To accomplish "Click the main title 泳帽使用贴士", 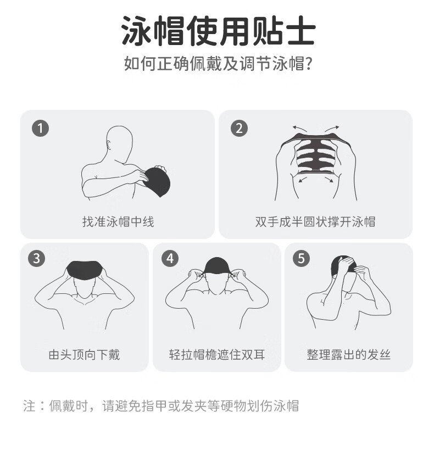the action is click(x=218, y=31).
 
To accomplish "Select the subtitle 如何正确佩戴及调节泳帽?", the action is click(x=218, y=63).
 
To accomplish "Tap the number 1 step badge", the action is click(x=40, y=128).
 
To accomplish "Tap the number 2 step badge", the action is click(x=239, y=128).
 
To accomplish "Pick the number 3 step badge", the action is click(x=36, y=258).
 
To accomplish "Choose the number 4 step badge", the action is click(x=170, y=258).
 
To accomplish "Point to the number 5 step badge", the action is click(x=301, y=258).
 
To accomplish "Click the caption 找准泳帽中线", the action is click(x=118, y=221).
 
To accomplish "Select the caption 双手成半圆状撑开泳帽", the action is click(x=315, y=221).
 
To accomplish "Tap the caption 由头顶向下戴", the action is click(x=84, y=355).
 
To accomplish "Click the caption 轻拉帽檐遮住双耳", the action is click(x=217, y=355).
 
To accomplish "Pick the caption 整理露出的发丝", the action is click(x=348, y=355).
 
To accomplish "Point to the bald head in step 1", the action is click(x=120, y=143).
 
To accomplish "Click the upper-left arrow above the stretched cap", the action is click(x=299, y=129).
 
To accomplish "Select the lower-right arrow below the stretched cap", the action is click(x=329, y=180).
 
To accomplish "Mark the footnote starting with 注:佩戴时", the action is click(x=161, y=406).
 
